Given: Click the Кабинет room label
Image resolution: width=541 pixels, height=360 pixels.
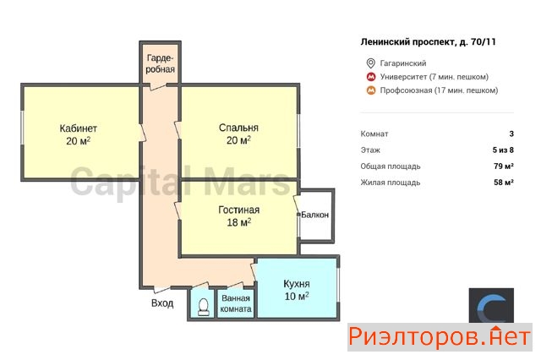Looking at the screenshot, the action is coord(79,128).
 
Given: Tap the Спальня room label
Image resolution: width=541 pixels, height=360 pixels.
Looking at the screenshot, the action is coord(238,128).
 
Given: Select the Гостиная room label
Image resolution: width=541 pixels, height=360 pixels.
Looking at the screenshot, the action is coord(238,210).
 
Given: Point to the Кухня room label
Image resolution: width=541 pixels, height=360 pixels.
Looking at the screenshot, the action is coord(297,284).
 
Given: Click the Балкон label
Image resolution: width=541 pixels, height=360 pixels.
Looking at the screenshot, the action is coord(314,215).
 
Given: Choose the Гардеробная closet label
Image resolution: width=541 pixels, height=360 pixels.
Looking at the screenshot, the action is coord(160,63).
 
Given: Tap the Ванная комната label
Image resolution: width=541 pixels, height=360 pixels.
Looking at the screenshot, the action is coord(236,303).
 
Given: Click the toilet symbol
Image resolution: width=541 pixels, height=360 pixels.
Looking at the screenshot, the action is coord(203,307).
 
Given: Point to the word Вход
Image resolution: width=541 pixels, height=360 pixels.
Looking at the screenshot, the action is coord(162,303).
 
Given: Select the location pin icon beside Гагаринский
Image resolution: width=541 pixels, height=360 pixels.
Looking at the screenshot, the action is coord(370,63).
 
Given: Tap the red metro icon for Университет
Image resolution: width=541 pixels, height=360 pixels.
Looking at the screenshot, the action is coord(371,77).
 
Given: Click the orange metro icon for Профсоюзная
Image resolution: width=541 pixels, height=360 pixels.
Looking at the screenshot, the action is coord(371,90).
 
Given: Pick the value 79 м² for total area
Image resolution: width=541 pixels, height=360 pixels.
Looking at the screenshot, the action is coord(504,166).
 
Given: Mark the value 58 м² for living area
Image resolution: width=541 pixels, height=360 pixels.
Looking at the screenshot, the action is coord(504,182).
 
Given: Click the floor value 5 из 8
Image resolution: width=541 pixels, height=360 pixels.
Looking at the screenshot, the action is coord(503,150).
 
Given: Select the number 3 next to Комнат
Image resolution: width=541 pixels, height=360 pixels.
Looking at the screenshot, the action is coord(511,134).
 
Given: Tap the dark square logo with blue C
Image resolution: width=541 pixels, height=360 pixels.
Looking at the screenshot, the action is coord(491,306).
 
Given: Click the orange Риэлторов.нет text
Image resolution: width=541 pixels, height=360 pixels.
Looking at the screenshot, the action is coord(440,336).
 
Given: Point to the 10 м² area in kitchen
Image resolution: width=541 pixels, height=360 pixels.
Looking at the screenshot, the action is coord(297,296).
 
